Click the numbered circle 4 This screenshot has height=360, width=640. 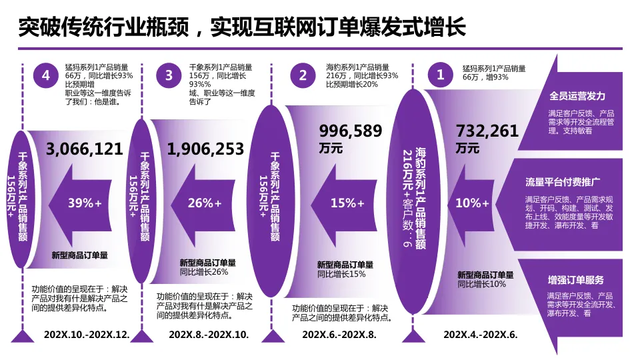pyautogui.click(x=45, y=75)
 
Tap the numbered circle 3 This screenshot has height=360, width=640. pyautogui.click(x=169, y=75)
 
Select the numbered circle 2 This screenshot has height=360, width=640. pyautogui.click(x=303, y=75)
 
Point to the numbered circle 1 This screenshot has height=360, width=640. pyautogui.click(x=440, y=75)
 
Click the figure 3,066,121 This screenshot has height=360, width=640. pyautogui.click(x=85, y=149)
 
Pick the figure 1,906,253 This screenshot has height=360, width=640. pyautogui.click(x=206, y=149)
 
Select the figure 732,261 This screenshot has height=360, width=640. pyautogui.click(x=487, y=131)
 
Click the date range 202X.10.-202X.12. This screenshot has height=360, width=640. pyautogui.click(x=87, y=334)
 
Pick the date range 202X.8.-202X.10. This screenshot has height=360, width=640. pyautogui.click(x=209, y=334)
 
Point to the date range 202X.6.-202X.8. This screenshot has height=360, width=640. pyautogui.click(x=339, y=334)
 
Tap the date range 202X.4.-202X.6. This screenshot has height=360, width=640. pyautogui.click(x=481, y=334)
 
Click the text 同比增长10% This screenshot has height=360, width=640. pyautogui.click(x=482, y=284)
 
